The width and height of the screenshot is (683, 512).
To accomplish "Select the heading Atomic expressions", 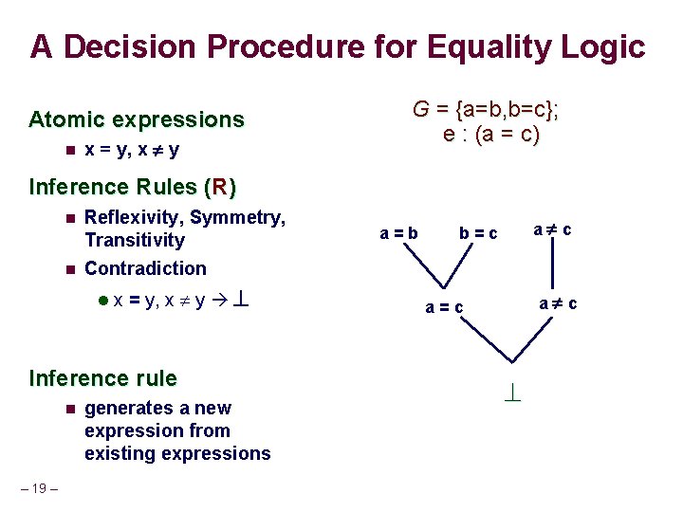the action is [137, 119].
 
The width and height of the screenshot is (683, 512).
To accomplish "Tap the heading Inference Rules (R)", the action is [133, 186].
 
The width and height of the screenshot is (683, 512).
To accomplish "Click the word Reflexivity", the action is [133, 217].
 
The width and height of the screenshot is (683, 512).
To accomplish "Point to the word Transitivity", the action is [135, 240].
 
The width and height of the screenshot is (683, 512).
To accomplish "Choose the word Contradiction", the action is [145, 268].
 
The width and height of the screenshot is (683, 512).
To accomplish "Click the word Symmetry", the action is [237, 217].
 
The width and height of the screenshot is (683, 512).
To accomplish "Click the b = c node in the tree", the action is [477, 232].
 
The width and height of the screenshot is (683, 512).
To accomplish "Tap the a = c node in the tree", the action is [444, 307].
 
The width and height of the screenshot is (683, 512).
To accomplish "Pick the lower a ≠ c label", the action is [558, 304].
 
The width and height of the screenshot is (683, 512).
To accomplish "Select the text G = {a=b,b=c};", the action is [485, 110].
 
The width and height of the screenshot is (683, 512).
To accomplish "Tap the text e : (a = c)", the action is [490, 135].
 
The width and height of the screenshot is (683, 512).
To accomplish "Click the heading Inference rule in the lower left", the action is [103, 378].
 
